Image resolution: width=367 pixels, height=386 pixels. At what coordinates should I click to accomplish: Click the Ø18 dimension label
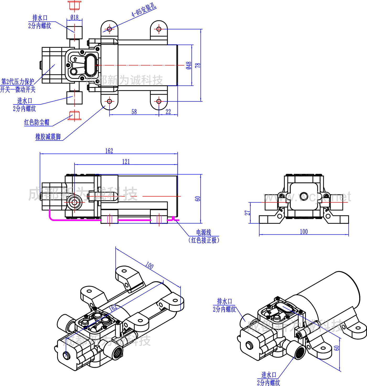coord(74,18)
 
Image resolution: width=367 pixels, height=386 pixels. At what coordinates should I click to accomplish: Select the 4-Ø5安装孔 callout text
coord(144,10)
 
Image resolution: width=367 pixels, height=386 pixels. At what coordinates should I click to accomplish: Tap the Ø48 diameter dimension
coord(189,65)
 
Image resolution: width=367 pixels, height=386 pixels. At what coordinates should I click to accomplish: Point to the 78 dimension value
coord(198,65)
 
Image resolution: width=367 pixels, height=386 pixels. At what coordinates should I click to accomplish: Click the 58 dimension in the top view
coord(134,112)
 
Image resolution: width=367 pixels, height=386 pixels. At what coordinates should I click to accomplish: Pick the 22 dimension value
coord(168,112)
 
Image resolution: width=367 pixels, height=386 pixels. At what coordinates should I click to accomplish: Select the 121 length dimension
coord(126,162)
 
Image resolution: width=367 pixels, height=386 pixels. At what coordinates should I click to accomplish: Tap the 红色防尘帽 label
coord(37,122)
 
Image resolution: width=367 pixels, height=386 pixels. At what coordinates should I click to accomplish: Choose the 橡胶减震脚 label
coord(48,137)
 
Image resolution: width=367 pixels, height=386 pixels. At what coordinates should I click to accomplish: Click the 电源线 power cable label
coord(204,232)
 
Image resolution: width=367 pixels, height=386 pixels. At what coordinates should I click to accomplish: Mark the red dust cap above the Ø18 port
coord(75,6)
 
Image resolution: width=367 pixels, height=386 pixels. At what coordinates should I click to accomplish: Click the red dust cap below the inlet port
coord(74,116)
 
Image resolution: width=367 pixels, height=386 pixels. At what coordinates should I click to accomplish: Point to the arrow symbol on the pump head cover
coord(75,59)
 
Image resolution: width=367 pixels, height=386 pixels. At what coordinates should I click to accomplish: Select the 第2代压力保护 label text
coord(18,81)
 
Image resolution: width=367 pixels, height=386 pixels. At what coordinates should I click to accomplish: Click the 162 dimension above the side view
coord(109,151)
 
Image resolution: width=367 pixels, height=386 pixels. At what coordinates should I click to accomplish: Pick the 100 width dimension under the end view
coord(304,232)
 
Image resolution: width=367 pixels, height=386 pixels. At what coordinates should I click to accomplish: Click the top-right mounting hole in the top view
coord(159,29)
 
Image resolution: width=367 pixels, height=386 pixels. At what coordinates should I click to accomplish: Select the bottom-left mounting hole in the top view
coord(110,101)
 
